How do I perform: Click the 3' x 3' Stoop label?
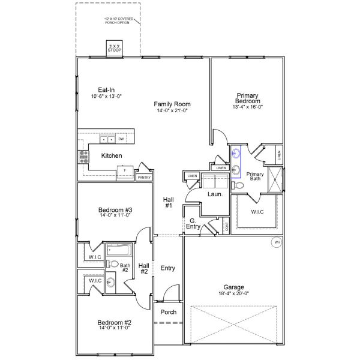(114, 49)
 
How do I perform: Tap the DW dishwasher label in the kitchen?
(121, 139)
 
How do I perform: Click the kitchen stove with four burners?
(83, 157)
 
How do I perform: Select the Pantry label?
(144, 178)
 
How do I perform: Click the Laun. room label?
(215, 194)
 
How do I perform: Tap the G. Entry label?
(193, 224)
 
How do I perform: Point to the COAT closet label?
(226, 226)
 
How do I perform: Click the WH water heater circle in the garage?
(277, 243)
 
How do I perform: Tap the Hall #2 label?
(144, 268)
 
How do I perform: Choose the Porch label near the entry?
(168, 313)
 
